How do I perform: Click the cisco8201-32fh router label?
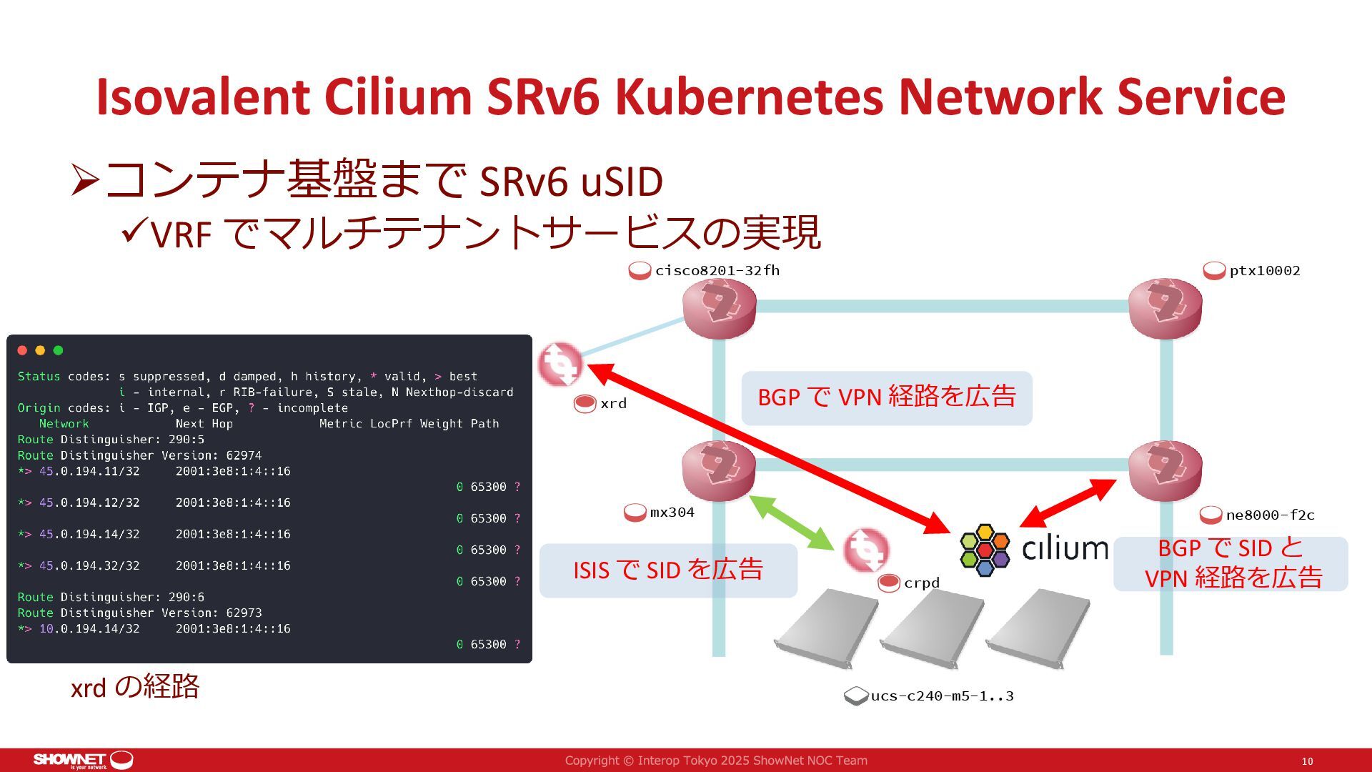tap(717, 271)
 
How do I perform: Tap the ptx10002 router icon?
tap(1165, 308)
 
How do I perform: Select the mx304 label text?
tap(672, 513)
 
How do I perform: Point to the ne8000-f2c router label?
tap(1270, 515)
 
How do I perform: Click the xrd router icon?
tap(560, 365)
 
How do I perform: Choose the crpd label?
tap(921, 583)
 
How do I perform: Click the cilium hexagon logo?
tap(985, 550)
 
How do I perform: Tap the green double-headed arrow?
tap(792, 523)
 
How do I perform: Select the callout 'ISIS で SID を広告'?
tap(668, 570)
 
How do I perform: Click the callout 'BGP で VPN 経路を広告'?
tap(886, 397)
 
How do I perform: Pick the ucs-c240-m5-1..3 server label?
tap(941, 696)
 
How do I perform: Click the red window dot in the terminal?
tap(22, 350)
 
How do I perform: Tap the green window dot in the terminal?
tap(59, 350)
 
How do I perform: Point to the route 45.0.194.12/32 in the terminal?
tap(89, 503)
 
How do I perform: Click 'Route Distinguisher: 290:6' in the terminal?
tap(111, 597)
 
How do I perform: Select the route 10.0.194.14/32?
tap(89, 628)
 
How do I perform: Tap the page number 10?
tap(1307, 761)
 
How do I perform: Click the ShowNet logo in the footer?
tap(82, 760)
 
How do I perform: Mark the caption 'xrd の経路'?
tap(134, 687)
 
